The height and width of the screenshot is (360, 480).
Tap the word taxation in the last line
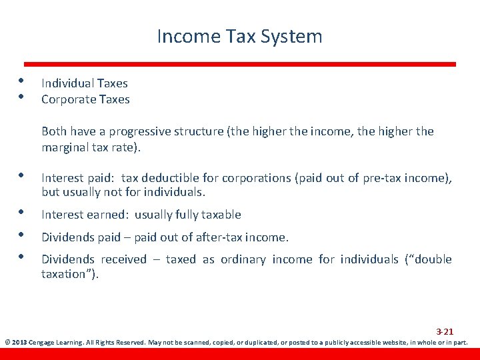[x=67, y=274]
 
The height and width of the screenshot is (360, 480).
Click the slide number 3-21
[x=445, y=331]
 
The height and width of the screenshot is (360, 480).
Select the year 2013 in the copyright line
[x=19, y=343]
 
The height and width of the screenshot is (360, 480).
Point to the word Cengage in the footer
[x=43, y=343]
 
